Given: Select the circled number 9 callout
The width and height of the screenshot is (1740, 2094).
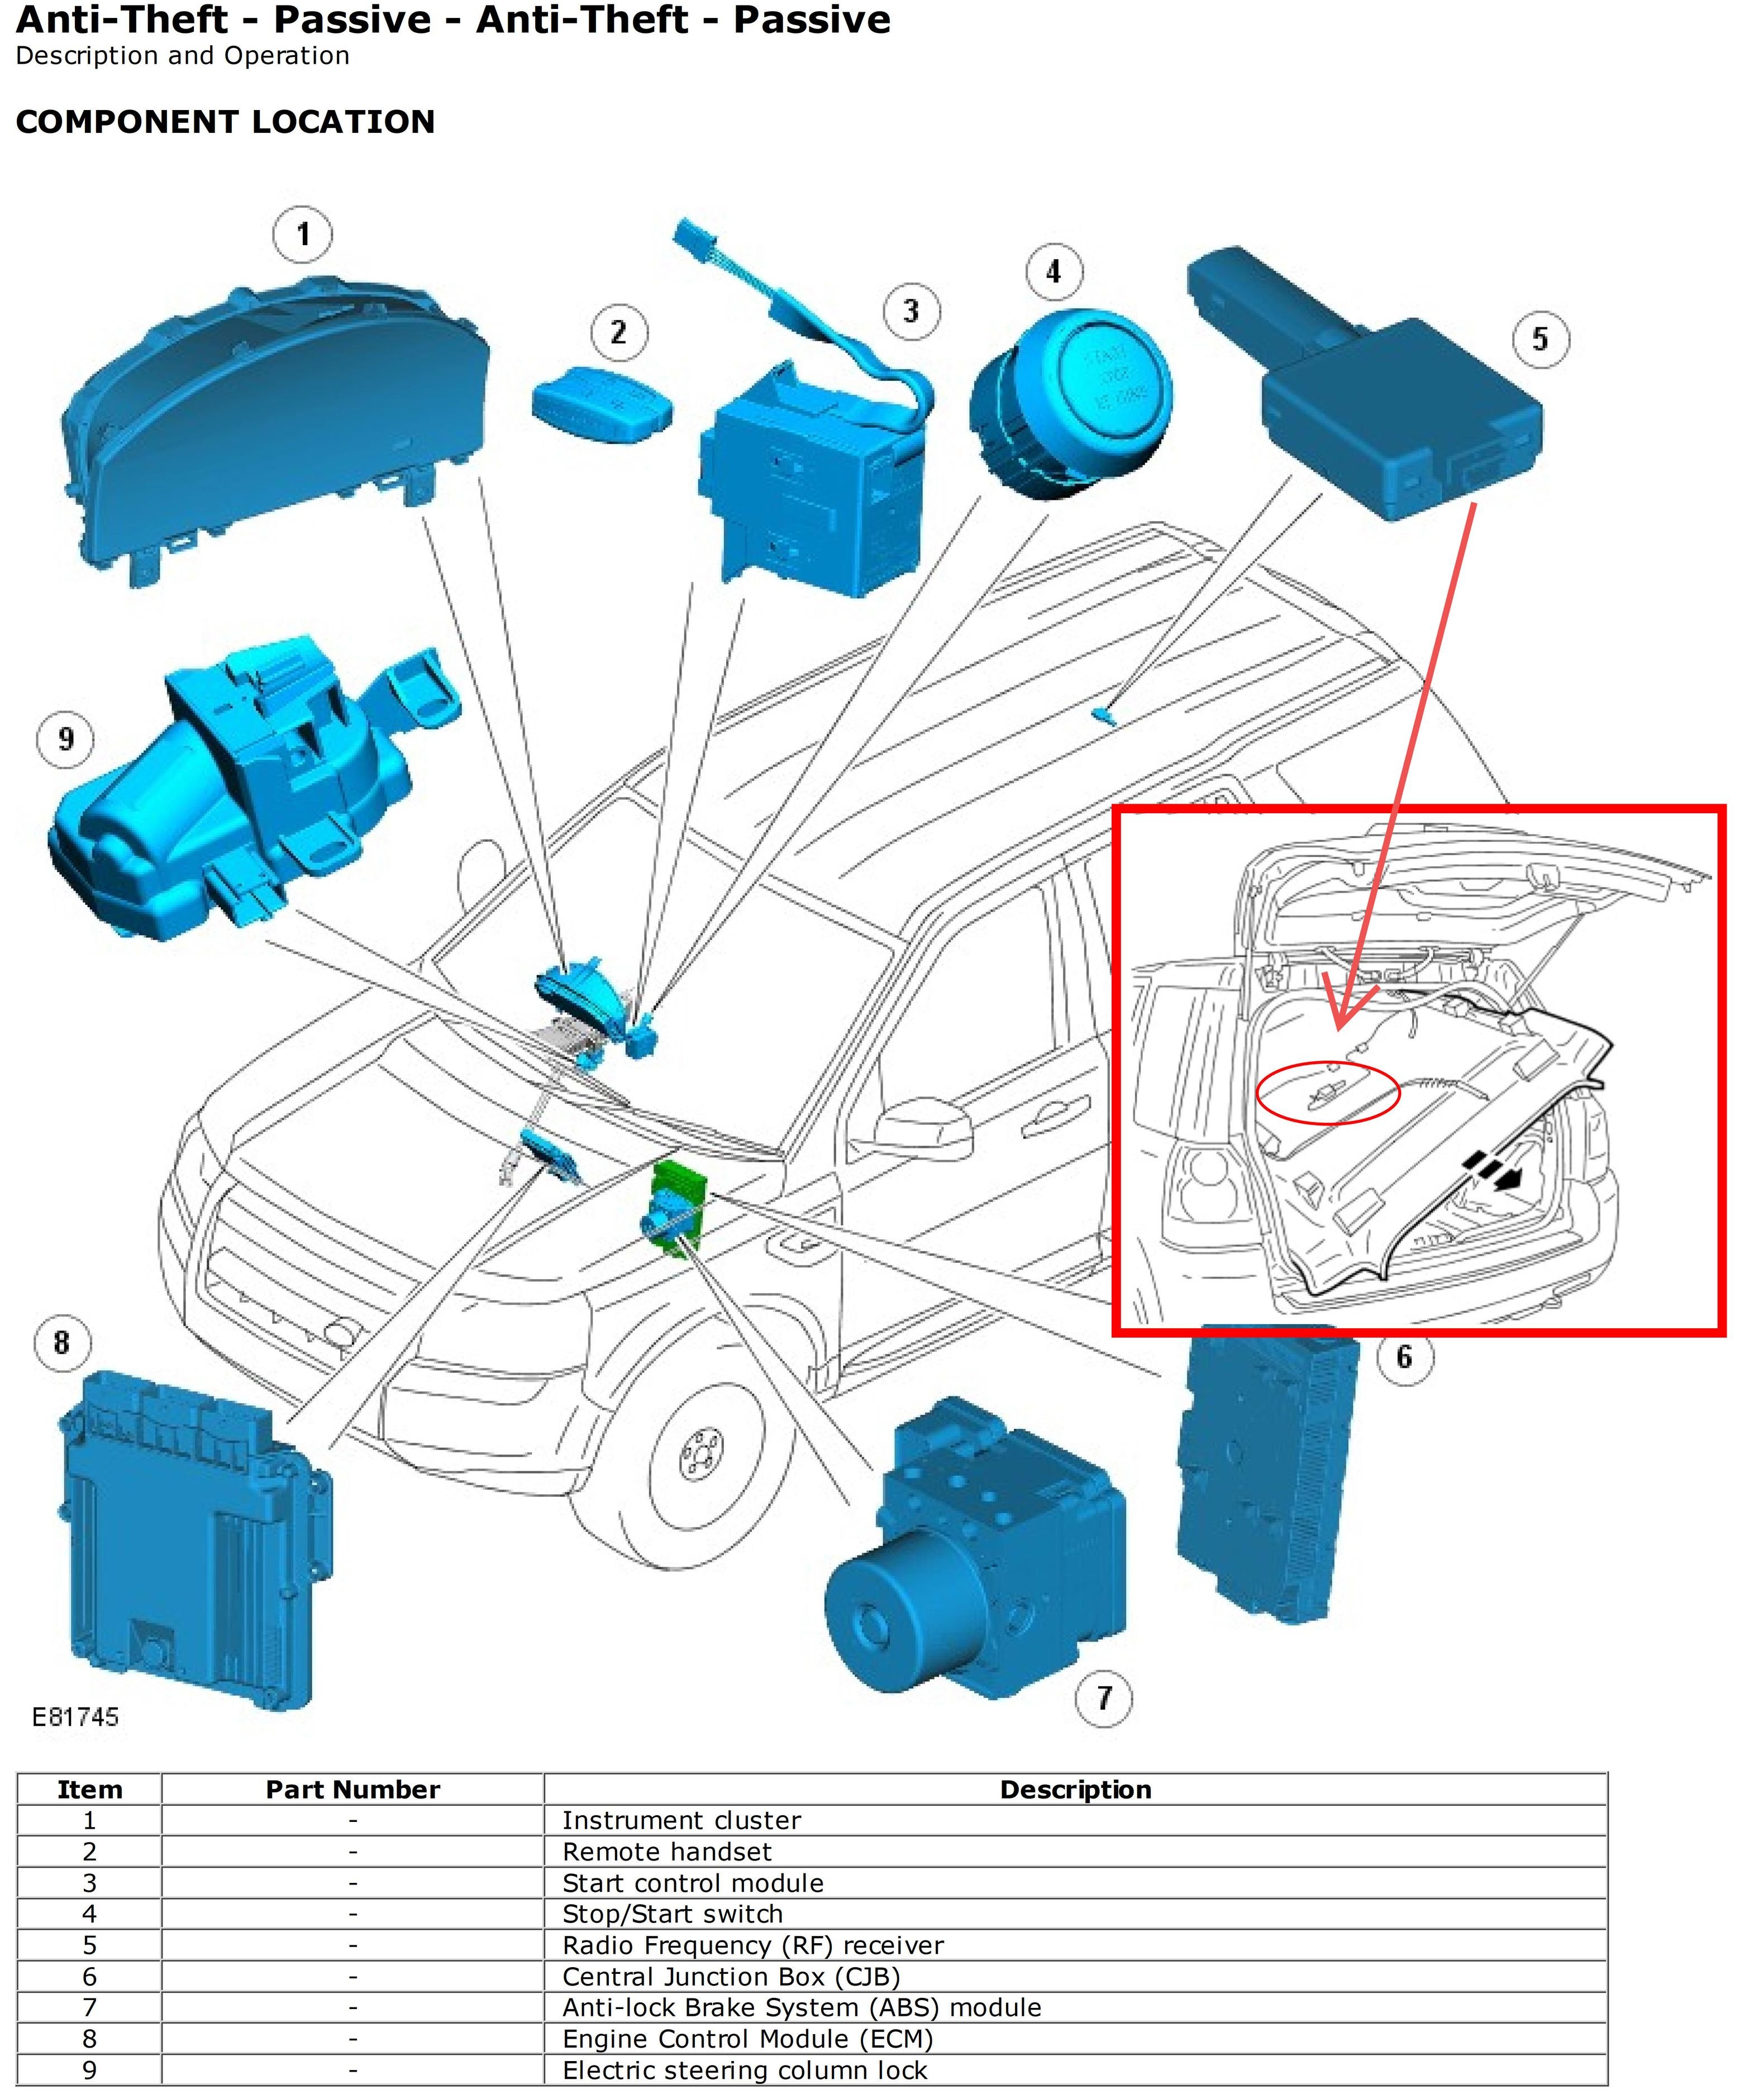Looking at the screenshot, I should pyautogui.click(x=66, y=739).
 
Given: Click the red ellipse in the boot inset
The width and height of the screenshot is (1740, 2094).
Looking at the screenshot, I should pyautogui.click(x=1328, y=1093).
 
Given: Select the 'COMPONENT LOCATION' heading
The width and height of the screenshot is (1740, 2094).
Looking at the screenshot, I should pyautogui.click(x=225, y=122).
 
